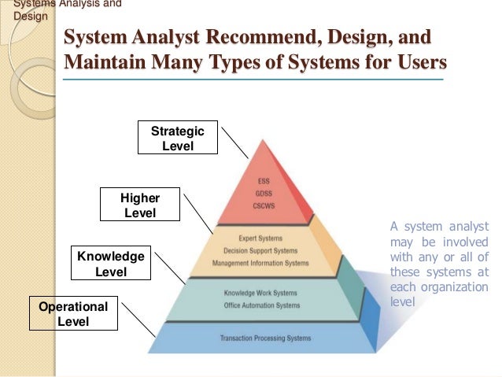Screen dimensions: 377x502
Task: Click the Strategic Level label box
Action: click(x=177, y=139)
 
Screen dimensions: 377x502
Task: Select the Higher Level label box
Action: click(x=140, y=205)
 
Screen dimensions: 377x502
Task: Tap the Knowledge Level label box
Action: click(x=110, y=264)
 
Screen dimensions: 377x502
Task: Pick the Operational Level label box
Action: click(x=73, y=313)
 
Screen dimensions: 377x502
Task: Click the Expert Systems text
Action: click(x=260, y=238)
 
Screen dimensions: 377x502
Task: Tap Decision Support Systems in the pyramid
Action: click(x=260, y=250)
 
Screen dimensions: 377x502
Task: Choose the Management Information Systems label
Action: click(x=260, y=263)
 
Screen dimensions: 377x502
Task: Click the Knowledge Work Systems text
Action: click(x=261, y=294)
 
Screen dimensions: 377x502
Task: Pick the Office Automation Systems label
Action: click(x=261, y=305)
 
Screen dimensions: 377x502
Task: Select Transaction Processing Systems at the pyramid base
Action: click(x=265, y=339)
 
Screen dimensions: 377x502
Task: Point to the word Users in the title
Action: click(x=416, y=61)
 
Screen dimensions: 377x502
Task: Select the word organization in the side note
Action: click(x=455, y=286)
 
